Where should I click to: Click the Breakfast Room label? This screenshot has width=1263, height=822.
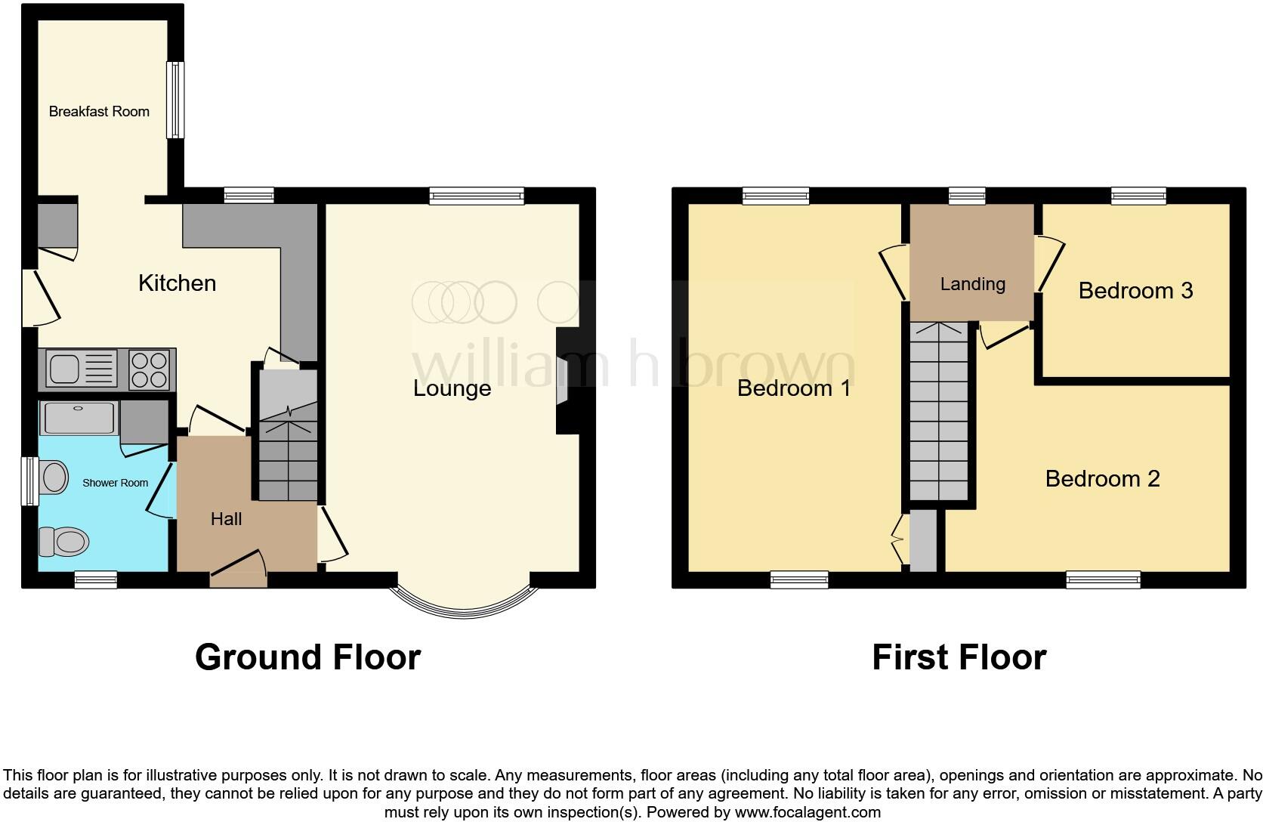pos(99,112)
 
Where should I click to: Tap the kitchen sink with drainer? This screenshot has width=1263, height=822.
pos(82,369)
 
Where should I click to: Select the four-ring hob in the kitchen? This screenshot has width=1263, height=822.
pos(149,369)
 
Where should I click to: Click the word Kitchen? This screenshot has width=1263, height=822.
pos(177,283)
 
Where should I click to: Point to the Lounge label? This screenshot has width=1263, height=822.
pos(452,388)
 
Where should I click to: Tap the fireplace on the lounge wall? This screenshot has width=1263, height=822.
pos(563,381)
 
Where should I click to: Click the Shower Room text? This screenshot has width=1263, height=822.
pos(115,483)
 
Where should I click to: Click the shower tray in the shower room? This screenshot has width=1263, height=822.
pos(79,418)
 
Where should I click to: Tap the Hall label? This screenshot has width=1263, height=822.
pos(226,519)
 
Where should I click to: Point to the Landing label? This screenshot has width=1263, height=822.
pos(972,284)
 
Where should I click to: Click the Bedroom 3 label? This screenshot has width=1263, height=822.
pos(1135,291)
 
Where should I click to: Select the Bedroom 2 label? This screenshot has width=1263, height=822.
pos(1101,479)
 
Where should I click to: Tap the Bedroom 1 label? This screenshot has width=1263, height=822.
pos(793,388)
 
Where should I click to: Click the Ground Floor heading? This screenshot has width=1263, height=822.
pos(307,657)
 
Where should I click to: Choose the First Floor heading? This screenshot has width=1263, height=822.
pos(958,657)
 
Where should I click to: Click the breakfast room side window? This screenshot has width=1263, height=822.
pos(174,100)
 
